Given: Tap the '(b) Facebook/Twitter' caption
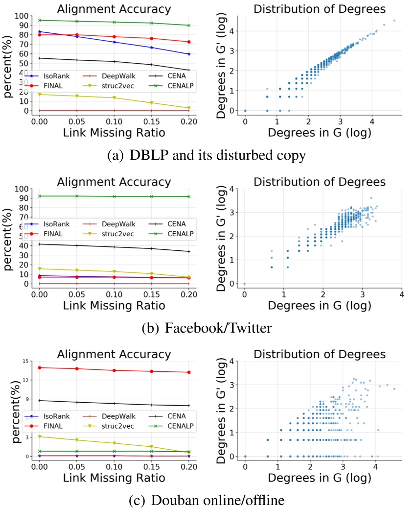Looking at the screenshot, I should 207,328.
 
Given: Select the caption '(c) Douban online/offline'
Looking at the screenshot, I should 207,500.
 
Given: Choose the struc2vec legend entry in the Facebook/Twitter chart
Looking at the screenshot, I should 114,234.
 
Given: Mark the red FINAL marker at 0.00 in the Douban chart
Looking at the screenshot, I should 40,367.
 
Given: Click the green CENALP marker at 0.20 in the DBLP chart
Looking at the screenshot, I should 189,25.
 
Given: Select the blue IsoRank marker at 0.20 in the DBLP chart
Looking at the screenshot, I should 189,54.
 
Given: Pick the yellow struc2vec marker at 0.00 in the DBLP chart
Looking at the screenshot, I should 40,94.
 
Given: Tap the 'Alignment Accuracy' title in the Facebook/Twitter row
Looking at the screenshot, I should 114,182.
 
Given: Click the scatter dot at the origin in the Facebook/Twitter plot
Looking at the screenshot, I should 244,284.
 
